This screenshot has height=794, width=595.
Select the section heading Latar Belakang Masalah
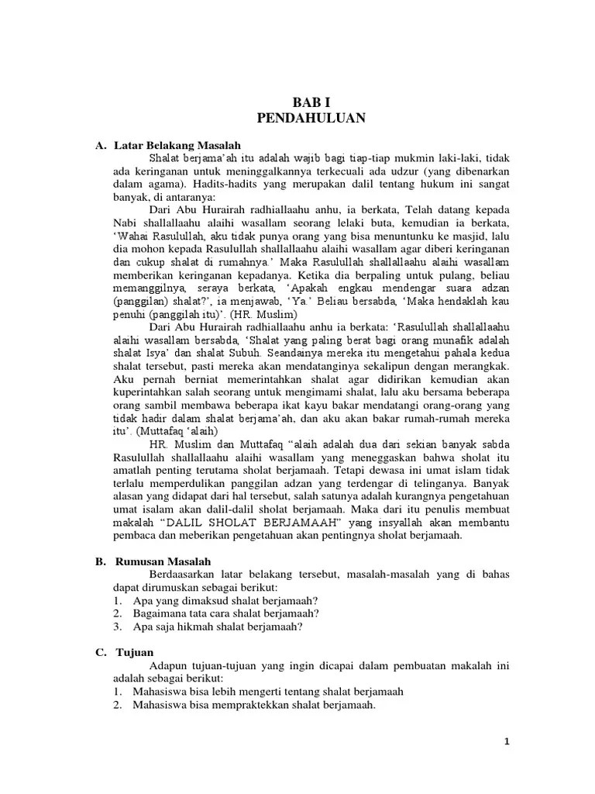[x=177, y=145]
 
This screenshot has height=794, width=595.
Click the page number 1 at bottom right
[x=506, y=742]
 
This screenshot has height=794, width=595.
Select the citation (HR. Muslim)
[x=268, y=315]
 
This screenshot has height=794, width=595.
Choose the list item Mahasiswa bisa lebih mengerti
[x=267, y=692]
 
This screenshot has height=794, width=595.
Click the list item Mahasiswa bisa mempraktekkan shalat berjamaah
[x=254, y=705]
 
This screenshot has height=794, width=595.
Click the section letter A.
[x=98, y=145]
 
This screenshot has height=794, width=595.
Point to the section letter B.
[x=98, y=561]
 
